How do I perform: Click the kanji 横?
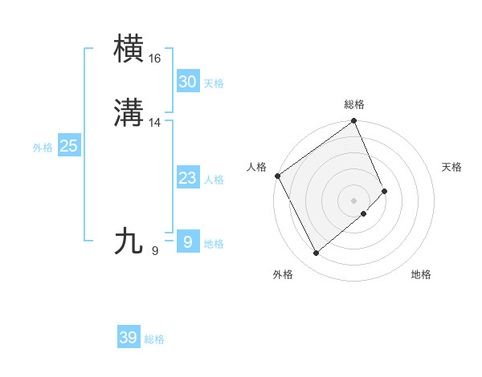pyautogui.click(x=129, y=49)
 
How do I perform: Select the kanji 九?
pyautogui.click(x=129, y=241)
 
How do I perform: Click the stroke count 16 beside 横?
pyautogui.click(x=155, y=59)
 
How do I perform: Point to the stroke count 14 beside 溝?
pyautogui.click(x=155, y=123)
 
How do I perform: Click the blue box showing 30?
pyautogui.click(x=188, y=81)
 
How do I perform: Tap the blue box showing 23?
pyautogui.click(x=188, y=177)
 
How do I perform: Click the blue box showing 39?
pyautogui.click(x=129, y=338)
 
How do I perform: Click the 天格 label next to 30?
pyautogui.click(x=214, y=83)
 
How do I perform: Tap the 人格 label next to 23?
pyautogui.click(x=214, y=180)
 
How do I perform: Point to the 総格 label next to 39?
pyautogui.click(x=154, y=340)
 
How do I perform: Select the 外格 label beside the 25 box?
pyautogui.click(x=43, y=148)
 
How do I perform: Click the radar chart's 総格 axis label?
pyautogui.click(x=354, y=104)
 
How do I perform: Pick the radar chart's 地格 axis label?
pyautogui.click(x=421, y=274)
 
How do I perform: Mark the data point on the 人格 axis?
pyautogui.click(x=277, y=176)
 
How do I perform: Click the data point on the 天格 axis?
pyautogui.click(x=385, y=191)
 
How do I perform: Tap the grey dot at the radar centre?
pyautogui.click(x=354, y=200)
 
